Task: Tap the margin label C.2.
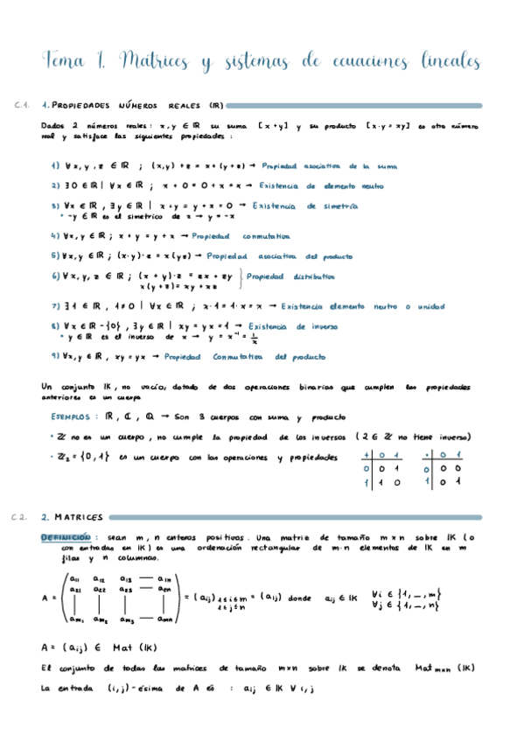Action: (24, 517)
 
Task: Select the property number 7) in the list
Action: (55, 306)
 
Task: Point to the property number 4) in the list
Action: (55, 236)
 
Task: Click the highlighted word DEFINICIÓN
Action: (66, 536)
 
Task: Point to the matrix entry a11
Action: (73, 578)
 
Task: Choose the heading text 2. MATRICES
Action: (72, 517)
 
